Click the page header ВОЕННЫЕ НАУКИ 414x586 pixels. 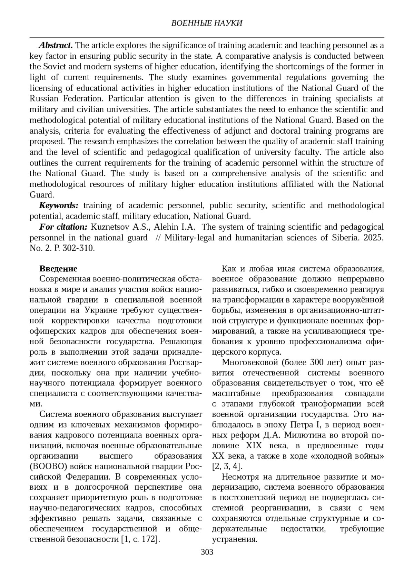click(207, 23)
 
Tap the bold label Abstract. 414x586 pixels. click(56, 45)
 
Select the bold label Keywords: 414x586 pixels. click(59, 205)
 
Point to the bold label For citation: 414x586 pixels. click(63, 227)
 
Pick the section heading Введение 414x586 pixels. click(58, 269)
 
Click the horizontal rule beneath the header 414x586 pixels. click(207, 37)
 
